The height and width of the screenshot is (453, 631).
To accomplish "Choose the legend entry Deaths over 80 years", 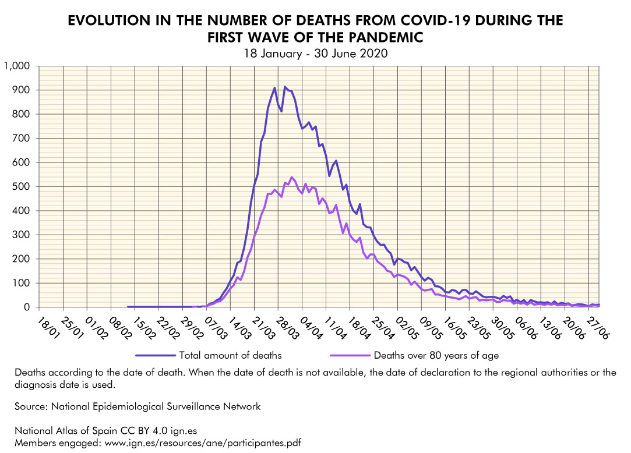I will coord(436,355).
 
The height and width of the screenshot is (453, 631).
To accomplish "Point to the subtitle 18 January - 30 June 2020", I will coord(315,53).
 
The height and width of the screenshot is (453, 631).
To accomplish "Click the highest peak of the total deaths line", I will coord(285,87).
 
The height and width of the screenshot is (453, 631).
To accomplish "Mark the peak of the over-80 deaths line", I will coord(292,177).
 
